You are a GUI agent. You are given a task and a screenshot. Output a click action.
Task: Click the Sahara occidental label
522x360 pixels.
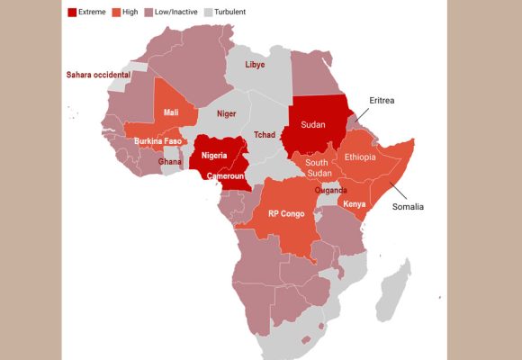[98, 75]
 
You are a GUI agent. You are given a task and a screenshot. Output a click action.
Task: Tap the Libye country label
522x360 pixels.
[255, 65]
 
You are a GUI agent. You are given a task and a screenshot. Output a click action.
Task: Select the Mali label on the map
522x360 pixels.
[171, 112]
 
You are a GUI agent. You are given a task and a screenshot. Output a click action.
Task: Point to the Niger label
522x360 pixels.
[226, 114]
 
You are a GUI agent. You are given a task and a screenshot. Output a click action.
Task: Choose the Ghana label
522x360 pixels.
[170, 162]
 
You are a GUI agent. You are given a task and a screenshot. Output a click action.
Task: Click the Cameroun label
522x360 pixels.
[226, 176]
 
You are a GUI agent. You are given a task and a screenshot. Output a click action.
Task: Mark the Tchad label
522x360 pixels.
[264, 134]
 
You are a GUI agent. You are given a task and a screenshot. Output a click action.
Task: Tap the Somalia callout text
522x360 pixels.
[407, 207]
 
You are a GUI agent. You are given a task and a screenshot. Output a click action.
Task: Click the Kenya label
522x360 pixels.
[355, 204]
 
